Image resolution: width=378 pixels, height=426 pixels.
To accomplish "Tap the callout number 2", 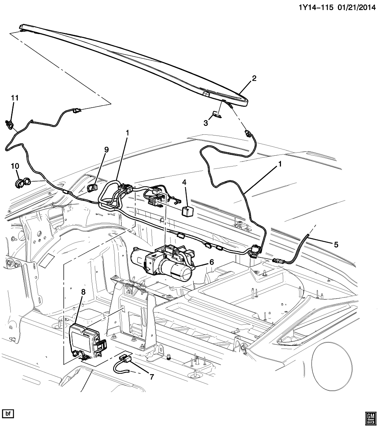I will [254, 79].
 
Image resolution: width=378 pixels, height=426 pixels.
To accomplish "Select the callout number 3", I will [206, 123].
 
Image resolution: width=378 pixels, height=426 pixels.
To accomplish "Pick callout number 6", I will [211, 262].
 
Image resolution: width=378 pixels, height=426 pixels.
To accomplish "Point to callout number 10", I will [15, 166].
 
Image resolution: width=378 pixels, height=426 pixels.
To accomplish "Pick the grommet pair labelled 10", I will [23, 182].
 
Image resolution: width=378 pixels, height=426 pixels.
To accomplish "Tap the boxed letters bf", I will [8, 413].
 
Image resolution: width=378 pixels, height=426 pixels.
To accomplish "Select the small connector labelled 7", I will [125, 359].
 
